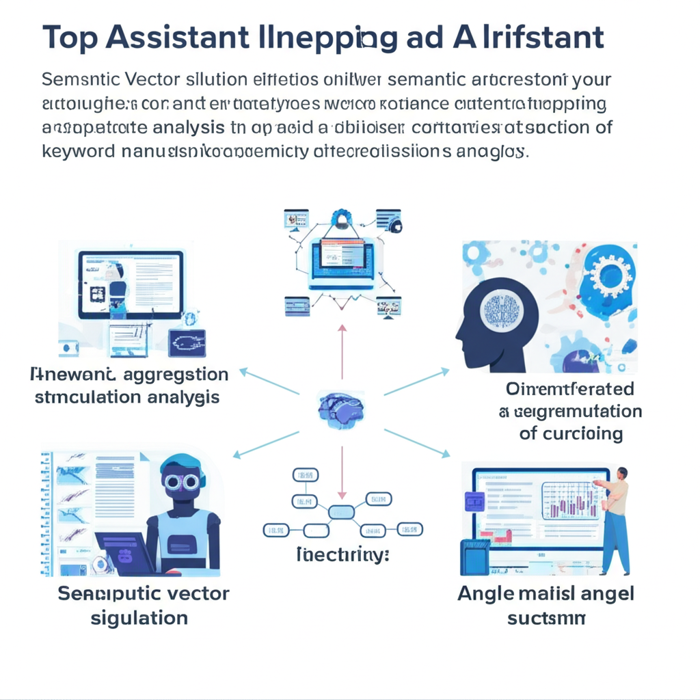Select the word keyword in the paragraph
coord(79,150)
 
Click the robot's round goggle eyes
coord(181,482)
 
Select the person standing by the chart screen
coord(617,520)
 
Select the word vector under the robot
coord(196,593)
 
